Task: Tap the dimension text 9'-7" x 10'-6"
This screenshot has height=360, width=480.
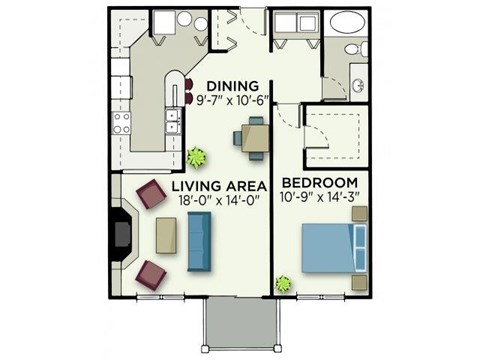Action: (234, 99)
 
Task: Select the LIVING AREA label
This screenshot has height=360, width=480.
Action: (218, 186)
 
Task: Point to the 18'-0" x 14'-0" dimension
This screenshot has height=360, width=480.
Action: (218, 201)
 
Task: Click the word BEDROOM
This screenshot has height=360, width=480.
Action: (319, 182)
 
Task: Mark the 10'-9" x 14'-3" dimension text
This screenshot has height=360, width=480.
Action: (319, 197)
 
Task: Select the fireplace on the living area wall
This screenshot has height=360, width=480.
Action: (122, 234)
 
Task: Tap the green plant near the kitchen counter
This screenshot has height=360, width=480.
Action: (195, 157)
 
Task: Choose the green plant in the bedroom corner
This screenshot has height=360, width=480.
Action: (284, 284)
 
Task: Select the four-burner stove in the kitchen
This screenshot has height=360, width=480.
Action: (122, 123)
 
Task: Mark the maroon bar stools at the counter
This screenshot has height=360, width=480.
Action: (189, 91)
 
